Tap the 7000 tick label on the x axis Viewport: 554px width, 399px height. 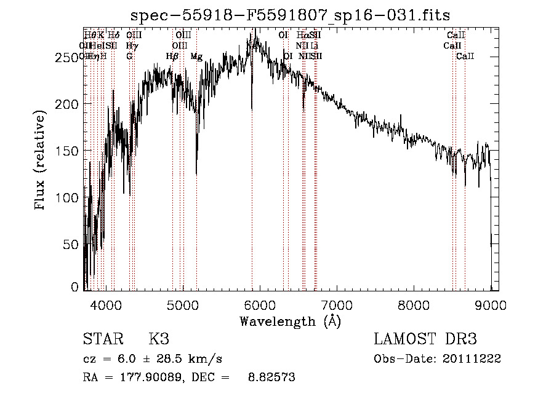pyautogui.click(x=337, y=304)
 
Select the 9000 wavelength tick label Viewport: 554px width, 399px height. pyautogui.click(x=491, y=304)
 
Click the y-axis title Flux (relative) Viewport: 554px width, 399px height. pyautogui.click(x=41, y=161)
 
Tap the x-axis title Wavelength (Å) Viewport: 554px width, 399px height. pyautogui.click(x=290, y=321)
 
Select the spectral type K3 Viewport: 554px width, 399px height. pyautogui.click(x=159, y=339)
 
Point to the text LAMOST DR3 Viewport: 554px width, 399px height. pyautogui.click(x=425, y=339)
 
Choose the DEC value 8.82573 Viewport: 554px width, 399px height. pyautogui.click(x=271, y=377)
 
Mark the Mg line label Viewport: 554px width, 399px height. pyautogui.click(x=196, y=57)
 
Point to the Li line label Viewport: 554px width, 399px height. pyautogui.click(x=315, y=45)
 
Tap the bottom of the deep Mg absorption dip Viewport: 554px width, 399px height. pyautogui.click(x=196, y=174)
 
